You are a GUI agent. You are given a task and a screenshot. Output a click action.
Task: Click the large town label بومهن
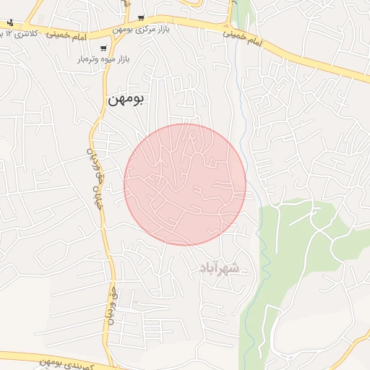[x=125, y=100]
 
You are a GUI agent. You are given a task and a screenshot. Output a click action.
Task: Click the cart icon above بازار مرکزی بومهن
[x=141, y=18]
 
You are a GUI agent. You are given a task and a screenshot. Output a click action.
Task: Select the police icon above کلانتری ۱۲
[x=9, y=22]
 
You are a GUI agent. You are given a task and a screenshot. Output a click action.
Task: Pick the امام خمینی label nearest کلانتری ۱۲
[x=68, y=35]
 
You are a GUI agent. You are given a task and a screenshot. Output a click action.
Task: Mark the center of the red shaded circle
[x=185, y=184]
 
